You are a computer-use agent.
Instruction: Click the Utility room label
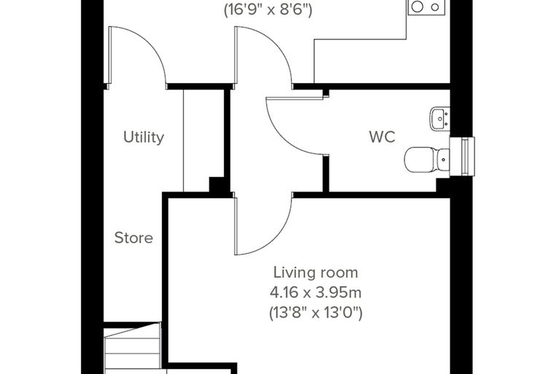144,137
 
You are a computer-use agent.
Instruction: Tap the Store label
133,237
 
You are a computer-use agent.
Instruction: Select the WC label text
382,137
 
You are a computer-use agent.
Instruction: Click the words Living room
316,272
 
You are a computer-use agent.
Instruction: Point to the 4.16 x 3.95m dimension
316,292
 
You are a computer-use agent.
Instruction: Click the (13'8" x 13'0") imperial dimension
316,313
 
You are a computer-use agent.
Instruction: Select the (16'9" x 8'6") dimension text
268,10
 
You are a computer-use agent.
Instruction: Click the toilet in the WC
427,160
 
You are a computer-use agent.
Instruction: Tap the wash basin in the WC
440,118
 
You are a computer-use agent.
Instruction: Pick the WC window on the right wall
462,156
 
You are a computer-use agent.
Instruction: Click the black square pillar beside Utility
216,185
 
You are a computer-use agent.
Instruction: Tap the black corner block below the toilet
442,186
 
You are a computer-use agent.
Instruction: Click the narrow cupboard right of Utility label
203,140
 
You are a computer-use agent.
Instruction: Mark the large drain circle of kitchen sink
417,7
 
